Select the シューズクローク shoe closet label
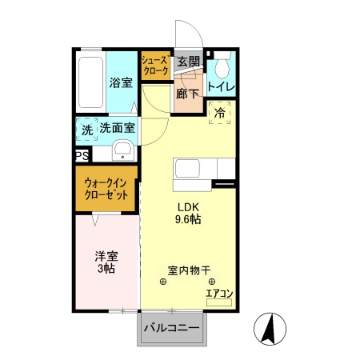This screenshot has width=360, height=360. click(154, 66)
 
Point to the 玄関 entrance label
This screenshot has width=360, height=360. click(188, 62)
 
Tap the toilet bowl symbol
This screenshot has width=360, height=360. click(222, 62)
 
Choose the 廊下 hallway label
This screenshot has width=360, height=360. click(188, 94)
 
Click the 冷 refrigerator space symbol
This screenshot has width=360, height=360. click(220, 114)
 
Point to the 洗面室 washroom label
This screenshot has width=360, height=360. click(117, 128)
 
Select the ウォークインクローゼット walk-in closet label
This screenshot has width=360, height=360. click(106, 188)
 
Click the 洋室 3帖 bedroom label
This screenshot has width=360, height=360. click(106, 262)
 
